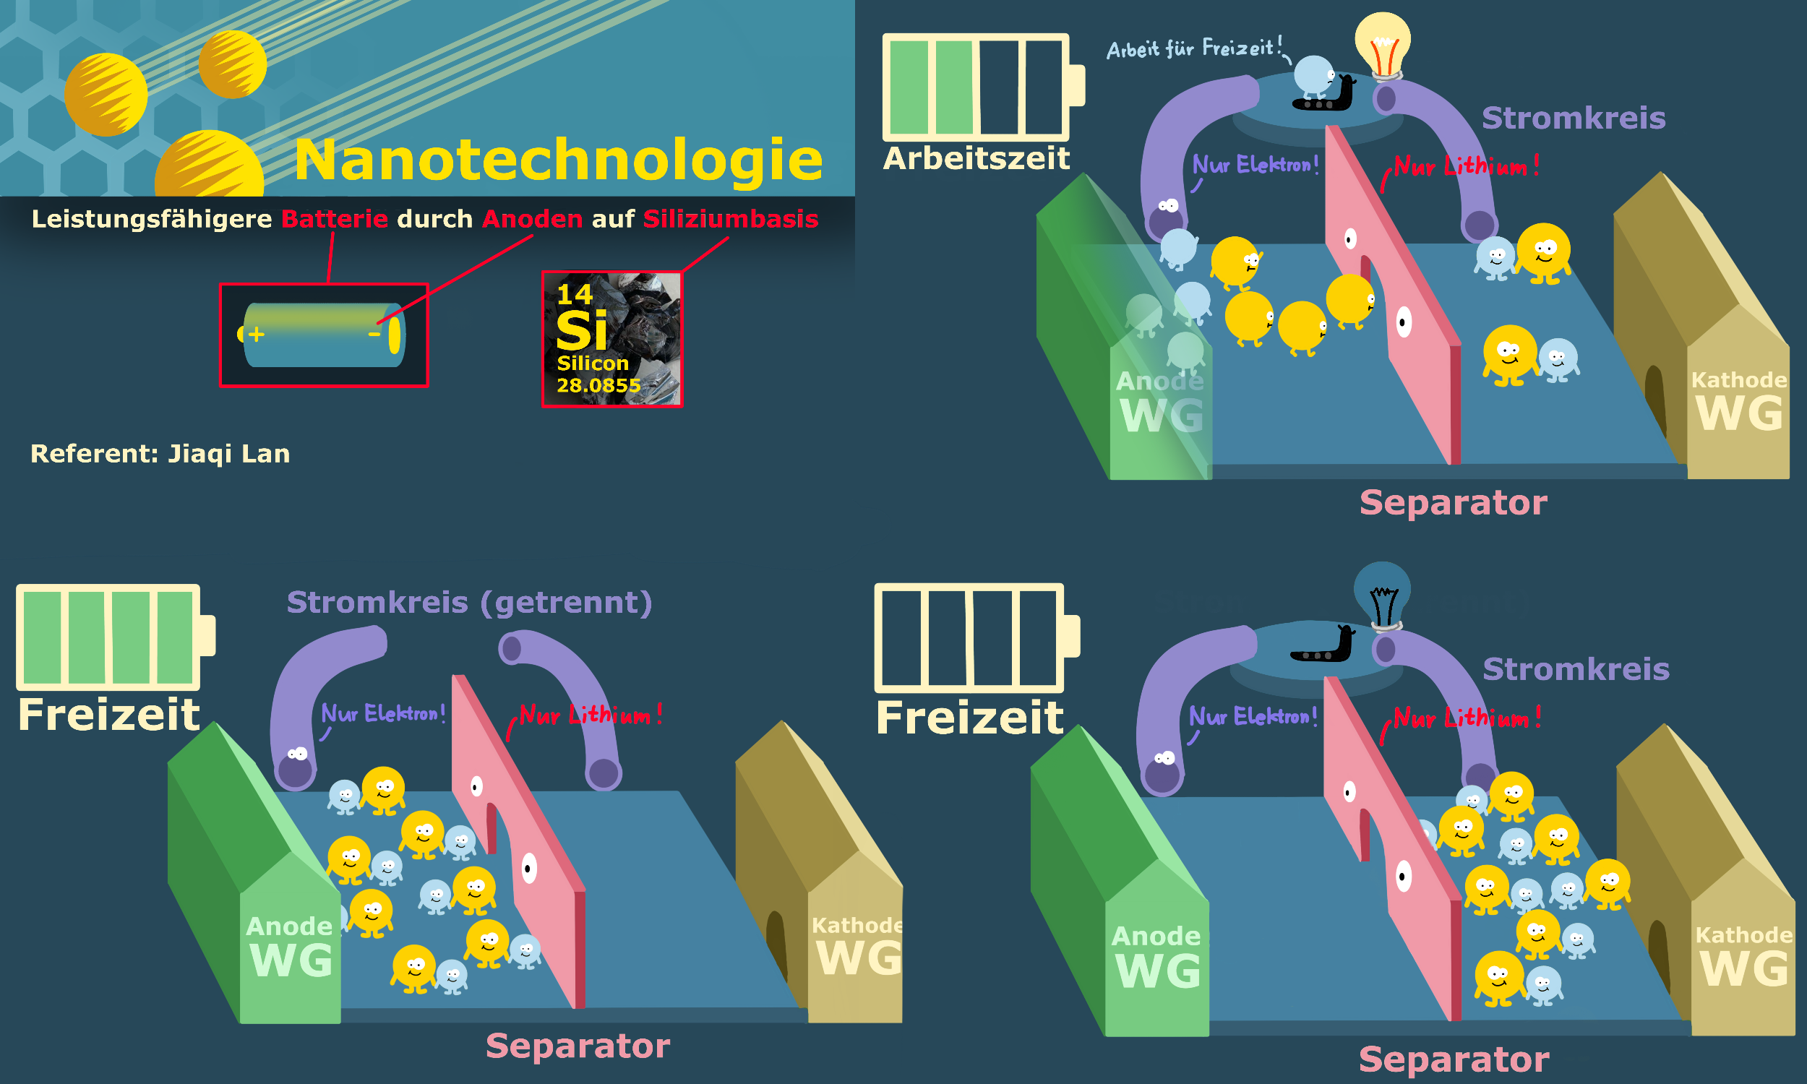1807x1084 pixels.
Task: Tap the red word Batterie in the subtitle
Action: point(335,219)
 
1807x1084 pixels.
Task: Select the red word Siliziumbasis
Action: point(731,219)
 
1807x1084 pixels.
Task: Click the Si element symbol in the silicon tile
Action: point(581,331)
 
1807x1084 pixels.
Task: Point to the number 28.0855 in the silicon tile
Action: point(598,385)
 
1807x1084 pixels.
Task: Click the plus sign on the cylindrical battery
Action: point(256,335)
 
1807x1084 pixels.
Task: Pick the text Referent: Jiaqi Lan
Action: point(160,454)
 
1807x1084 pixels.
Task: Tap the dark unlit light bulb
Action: point(1382,592)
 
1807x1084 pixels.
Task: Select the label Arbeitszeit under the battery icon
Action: point(976,158)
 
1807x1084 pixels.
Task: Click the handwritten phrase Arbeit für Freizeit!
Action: point(1194,49)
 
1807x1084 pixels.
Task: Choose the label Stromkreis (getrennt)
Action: point(469,603)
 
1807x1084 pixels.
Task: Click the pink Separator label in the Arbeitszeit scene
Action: point(1453,502)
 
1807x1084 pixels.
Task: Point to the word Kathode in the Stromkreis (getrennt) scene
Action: point(857,926)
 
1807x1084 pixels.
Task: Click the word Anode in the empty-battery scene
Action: point(1156,937)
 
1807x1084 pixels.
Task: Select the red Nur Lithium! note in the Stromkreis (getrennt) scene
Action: point(590,715)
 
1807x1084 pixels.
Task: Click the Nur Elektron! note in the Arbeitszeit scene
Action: point(1255,164)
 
